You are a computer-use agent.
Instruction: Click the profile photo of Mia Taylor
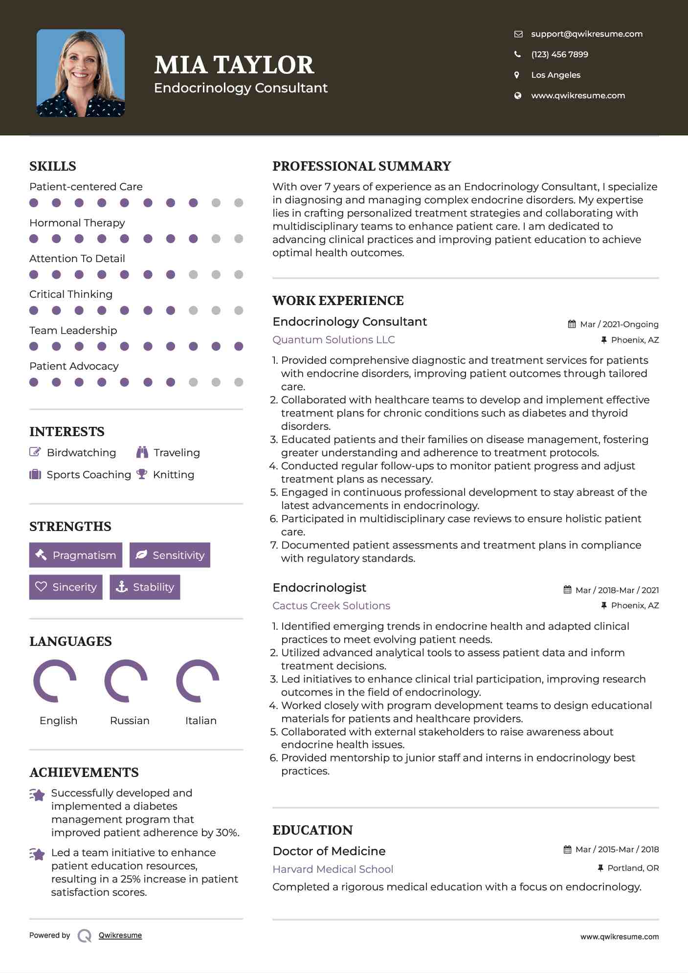81,73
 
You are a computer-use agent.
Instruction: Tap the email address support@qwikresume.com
586,34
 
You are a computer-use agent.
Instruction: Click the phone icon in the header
517,54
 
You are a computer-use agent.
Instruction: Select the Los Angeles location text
555,75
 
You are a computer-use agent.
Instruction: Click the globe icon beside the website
517,95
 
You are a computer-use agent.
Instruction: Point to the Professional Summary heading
361,166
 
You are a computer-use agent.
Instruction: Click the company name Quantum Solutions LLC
333,340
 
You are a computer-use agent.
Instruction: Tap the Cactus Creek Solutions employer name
331,606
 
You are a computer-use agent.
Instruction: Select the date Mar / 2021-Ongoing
619,324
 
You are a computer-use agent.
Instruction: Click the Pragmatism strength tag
76,555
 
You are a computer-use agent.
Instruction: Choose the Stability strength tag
145,587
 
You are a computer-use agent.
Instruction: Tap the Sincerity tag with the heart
66,587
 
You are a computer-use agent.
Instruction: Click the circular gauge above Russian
126,681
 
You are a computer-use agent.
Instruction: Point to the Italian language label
200,721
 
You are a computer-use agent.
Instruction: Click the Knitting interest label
174,475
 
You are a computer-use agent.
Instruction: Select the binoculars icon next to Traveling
142,452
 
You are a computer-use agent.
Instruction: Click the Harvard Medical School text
333,869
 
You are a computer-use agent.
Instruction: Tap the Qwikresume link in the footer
120,935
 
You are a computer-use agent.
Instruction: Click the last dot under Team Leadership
239,346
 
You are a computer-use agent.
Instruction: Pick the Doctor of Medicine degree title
329,851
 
